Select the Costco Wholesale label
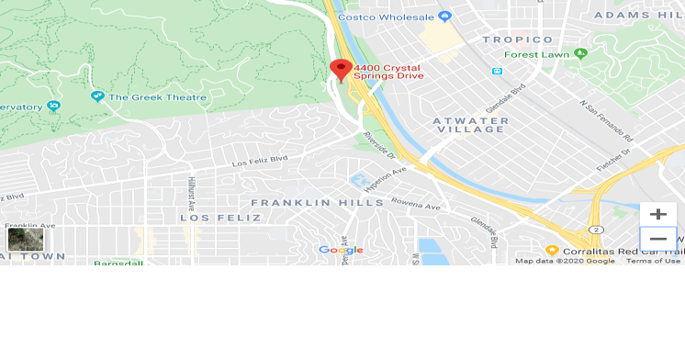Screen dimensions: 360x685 click(387, 16)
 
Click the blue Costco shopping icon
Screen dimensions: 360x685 click(445, 16)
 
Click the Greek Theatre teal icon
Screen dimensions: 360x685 click(97, 96)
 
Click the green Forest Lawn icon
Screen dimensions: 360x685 click(581, 54)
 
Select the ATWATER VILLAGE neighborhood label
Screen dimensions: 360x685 click(468, 124)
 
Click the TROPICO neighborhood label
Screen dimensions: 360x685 click(518, 39)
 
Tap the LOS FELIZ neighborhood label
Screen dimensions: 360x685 click(219, 218)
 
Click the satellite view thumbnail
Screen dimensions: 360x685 click(25, 240)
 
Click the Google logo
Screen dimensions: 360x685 click(341, 250)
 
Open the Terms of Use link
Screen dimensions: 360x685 click(653, 261)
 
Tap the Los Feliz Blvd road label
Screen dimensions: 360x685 click(260, 161)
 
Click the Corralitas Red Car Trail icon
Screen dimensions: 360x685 click(552, 250)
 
